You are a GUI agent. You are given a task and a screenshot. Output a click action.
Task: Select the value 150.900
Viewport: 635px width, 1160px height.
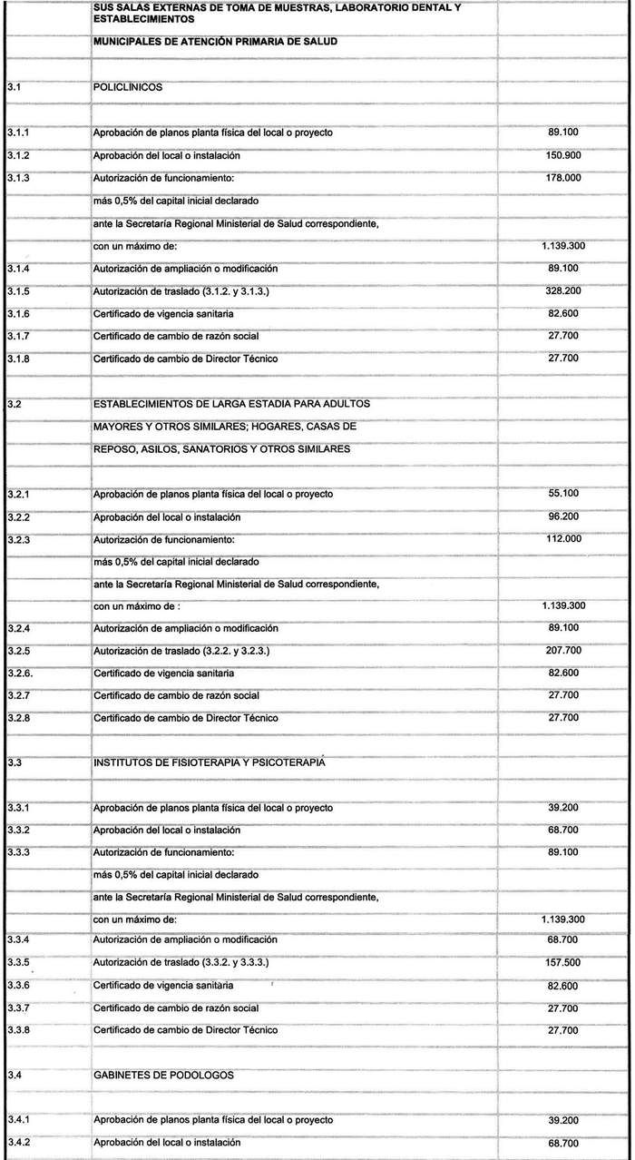tap(563, 156)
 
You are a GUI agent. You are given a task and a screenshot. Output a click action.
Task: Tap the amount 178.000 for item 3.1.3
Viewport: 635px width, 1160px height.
tap(563, 179)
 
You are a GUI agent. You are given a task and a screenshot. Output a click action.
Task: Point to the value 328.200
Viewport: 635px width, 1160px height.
tap(563, 291)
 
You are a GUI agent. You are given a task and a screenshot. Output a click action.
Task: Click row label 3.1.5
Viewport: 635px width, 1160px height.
tap(17, 291)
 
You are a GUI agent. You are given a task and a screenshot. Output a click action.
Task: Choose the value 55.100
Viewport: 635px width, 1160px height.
tap(563, 494)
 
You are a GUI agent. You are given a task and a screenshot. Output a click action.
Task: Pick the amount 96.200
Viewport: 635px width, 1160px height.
tap(563, 516)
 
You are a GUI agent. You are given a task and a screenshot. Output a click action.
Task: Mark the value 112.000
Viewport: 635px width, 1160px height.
tap(563, 539)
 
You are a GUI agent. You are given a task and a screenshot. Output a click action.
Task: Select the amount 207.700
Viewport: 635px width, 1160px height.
tap(563, 652)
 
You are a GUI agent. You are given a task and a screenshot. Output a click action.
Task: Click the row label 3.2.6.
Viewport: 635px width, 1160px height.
tap(19, 673)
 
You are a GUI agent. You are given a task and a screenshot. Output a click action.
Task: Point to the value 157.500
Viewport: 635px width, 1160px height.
tap(563, 962)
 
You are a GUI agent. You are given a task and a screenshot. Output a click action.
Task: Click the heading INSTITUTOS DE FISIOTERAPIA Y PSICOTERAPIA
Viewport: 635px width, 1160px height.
tap(210, 763)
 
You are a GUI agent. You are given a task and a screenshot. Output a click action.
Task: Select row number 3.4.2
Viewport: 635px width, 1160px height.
tap(17, 1143)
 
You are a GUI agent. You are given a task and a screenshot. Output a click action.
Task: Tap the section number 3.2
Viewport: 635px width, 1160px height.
tap(13, 404)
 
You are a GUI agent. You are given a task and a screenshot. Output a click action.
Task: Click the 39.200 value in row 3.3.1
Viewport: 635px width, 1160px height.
tap(563, 808)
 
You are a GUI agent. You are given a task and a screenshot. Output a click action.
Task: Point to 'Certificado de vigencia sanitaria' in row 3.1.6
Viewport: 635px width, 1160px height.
tap(163, 314)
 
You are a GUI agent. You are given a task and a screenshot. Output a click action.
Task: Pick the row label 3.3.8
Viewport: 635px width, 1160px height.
tap(17, 1030)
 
